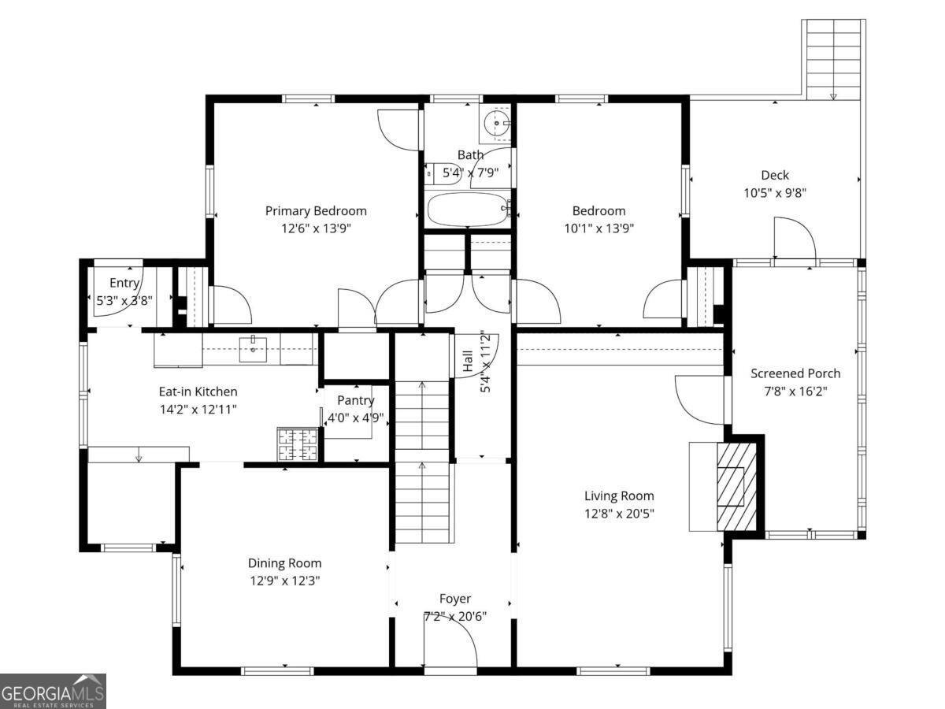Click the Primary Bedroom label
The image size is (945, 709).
pos(316,211)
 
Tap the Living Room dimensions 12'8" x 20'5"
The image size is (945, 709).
pos(619,514)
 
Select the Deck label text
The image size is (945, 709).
pos(775,175)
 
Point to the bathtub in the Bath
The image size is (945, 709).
pos(468,210)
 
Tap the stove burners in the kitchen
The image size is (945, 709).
pos(298,444)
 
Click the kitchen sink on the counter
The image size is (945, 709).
pos(253,349)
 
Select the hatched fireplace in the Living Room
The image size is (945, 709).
pos(736,486)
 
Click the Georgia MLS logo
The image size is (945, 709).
pos(53,692)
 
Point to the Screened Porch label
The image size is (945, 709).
pos(795,373)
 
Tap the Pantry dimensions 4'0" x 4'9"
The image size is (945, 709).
pos(356,418)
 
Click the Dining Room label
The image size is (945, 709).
pos(284,563)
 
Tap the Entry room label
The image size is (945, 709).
pos(124,283)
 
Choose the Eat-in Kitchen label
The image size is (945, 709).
pos(198,392)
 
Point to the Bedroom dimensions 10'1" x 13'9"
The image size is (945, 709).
pos(598,228)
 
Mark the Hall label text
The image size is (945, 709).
pos(468,362)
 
